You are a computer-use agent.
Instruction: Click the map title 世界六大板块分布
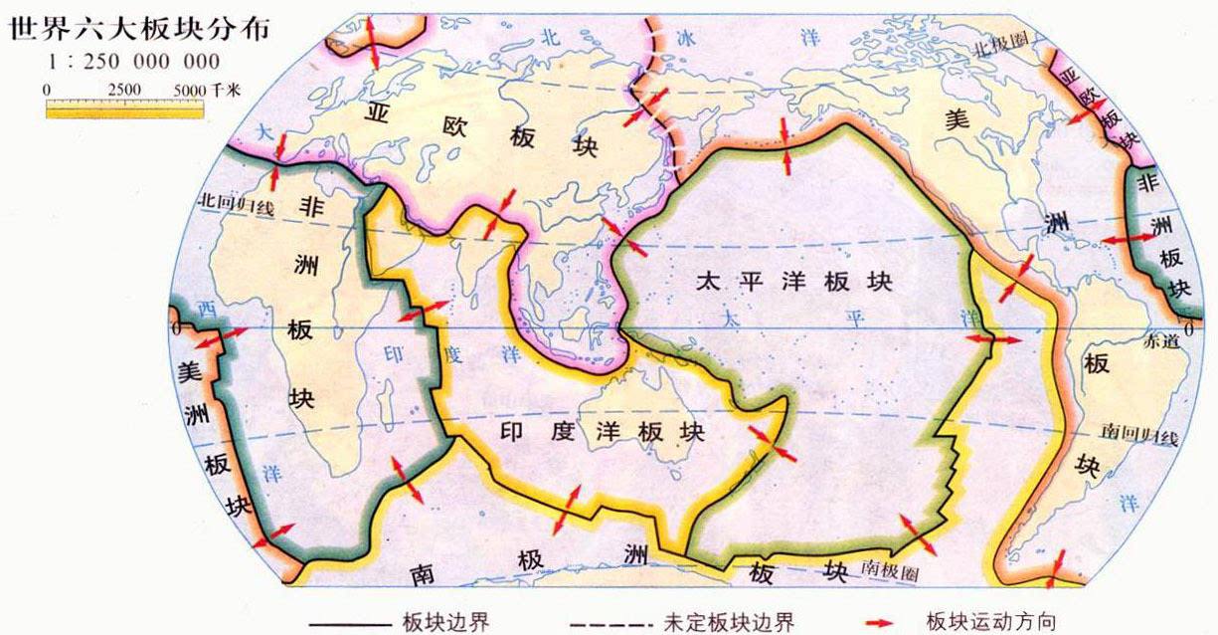[125, 28]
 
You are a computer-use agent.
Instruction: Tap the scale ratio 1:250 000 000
[135, 62]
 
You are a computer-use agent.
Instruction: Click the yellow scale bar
[124, 107]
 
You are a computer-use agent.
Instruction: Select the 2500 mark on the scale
[125, 90]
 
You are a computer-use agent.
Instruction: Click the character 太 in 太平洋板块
[709, 281]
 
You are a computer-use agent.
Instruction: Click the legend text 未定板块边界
[729, 623]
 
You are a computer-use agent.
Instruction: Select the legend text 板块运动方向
[990, 623]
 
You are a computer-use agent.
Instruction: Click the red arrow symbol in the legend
[879, 623]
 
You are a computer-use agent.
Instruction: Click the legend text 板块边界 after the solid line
[446, 623]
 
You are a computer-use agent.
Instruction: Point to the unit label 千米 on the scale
[225, 90]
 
